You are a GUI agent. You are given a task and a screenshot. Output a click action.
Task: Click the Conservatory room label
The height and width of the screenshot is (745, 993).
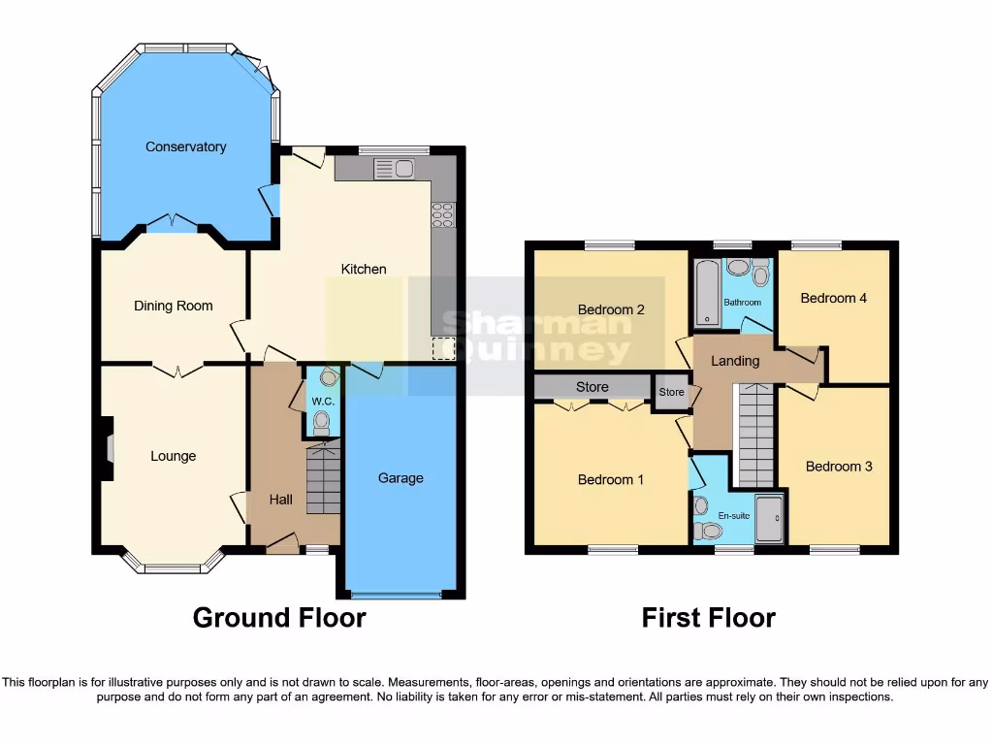coord(185,146)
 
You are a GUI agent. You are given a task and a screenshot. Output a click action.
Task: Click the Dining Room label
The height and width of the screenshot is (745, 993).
coord(173,306)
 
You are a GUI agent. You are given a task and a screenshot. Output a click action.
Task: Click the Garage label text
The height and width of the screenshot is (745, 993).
coord(400,477)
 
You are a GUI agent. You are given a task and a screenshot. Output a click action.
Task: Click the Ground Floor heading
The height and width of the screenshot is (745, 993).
coord(279,617)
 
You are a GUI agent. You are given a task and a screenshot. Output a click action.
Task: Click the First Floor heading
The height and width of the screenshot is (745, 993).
coord(708,617)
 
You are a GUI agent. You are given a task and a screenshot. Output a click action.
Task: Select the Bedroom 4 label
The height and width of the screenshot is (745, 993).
coord(833,298)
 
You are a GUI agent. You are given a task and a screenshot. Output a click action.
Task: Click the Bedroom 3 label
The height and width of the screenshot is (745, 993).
coord(839,466)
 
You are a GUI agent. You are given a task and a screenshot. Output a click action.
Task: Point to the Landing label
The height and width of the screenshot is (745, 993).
coord(735,361)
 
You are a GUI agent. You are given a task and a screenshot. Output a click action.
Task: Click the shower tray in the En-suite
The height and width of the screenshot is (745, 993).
coord(770,520)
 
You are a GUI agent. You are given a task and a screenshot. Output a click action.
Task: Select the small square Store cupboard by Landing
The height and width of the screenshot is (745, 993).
coord(671,393)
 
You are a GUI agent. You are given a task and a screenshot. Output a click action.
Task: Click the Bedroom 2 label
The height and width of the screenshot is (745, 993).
coord(611,309)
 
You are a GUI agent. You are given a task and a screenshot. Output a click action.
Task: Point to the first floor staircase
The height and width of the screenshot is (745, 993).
coord(755,435)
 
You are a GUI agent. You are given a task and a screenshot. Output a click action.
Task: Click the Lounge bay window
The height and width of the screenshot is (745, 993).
coord(174,567)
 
